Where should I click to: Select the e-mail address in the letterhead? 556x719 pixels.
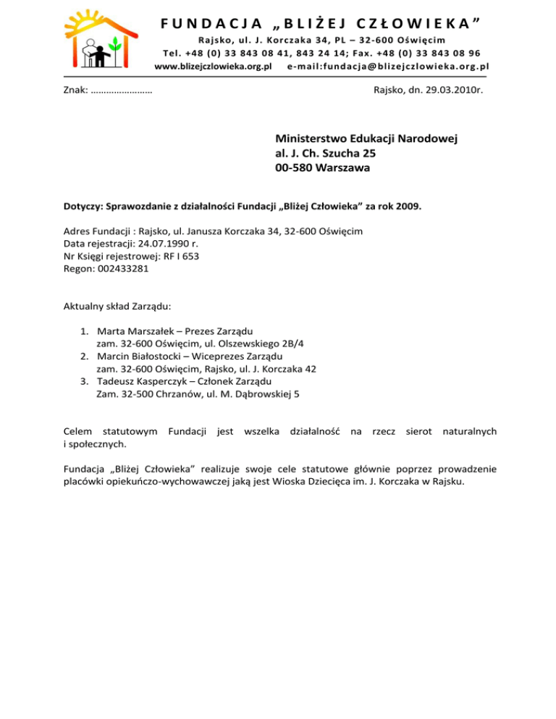coord(388,66)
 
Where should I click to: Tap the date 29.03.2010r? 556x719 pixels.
coord(454,91)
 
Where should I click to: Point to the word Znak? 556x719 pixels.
coord(75,91)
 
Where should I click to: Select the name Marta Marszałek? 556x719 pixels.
coord(136,331)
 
